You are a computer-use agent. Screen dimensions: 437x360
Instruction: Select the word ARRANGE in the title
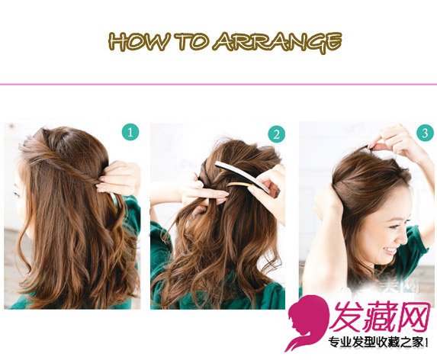[278, 43]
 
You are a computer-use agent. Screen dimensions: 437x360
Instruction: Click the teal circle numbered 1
[130, 132]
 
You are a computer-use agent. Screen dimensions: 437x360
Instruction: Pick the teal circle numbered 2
[277, 134]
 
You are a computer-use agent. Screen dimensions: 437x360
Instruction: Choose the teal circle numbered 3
[425, 133]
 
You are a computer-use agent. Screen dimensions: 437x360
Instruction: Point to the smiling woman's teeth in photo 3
[390, 249]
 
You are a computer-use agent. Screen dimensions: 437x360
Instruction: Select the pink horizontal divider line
[218, 84]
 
